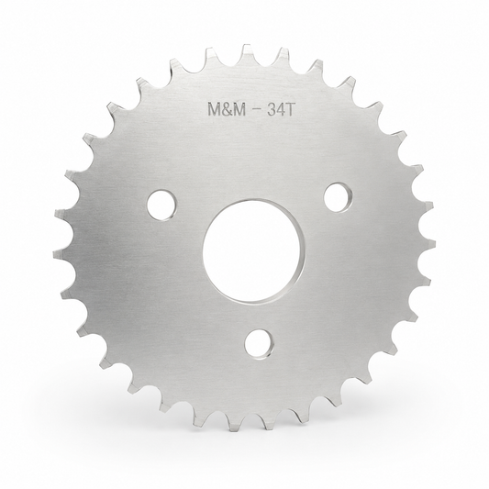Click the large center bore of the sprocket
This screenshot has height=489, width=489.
coord(252,251)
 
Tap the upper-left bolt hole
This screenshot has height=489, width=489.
coord(161,205)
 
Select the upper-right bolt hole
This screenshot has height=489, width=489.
coord(339,197)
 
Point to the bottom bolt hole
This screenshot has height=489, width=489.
coord(259,344)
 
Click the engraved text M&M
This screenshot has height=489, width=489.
coord(227,110)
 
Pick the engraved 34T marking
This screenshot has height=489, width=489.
coord(281,109)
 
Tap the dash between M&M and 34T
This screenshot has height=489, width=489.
coord(256,110)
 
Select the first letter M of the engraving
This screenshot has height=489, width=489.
coord(215,110)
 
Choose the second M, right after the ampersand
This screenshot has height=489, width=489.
coord(239,110)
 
